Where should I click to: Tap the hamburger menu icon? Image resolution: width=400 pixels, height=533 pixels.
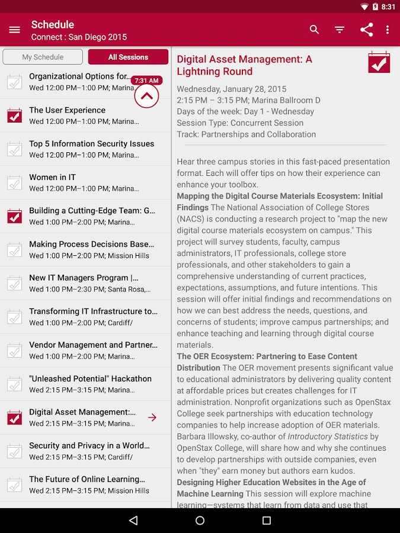coord(15,30)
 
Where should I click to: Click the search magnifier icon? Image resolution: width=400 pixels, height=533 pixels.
coord(315,30)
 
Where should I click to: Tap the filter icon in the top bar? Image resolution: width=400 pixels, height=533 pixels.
coord(340,30)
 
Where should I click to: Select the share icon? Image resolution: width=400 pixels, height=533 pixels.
coord(367,30)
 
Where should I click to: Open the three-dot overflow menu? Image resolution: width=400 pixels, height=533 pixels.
coord(388,30)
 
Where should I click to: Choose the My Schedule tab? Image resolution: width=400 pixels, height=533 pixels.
coord(43,57)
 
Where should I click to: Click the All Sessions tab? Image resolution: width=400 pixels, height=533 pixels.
coord(128,57)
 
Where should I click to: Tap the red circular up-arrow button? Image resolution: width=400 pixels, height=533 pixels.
coord(146,95)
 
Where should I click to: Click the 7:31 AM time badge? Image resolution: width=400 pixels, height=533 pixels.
coord(146,81)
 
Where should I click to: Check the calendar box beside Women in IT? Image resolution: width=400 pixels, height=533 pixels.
coord(15,182)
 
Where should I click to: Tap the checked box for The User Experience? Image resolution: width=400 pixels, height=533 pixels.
coord(15,115)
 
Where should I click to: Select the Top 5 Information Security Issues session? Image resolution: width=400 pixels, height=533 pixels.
coord(91,144)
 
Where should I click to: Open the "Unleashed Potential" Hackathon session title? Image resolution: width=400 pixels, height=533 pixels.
coord(90,378)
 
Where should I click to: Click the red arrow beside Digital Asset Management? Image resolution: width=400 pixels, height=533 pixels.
coord(152,418)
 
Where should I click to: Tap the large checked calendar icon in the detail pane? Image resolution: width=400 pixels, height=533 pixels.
coord(379,62)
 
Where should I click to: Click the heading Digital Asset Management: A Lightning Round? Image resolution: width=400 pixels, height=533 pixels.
coord(244,65)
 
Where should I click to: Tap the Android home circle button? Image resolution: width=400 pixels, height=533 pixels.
coord(200,521)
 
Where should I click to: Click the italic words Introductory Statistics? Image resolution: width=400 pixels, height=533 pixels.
coord(328,436)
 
